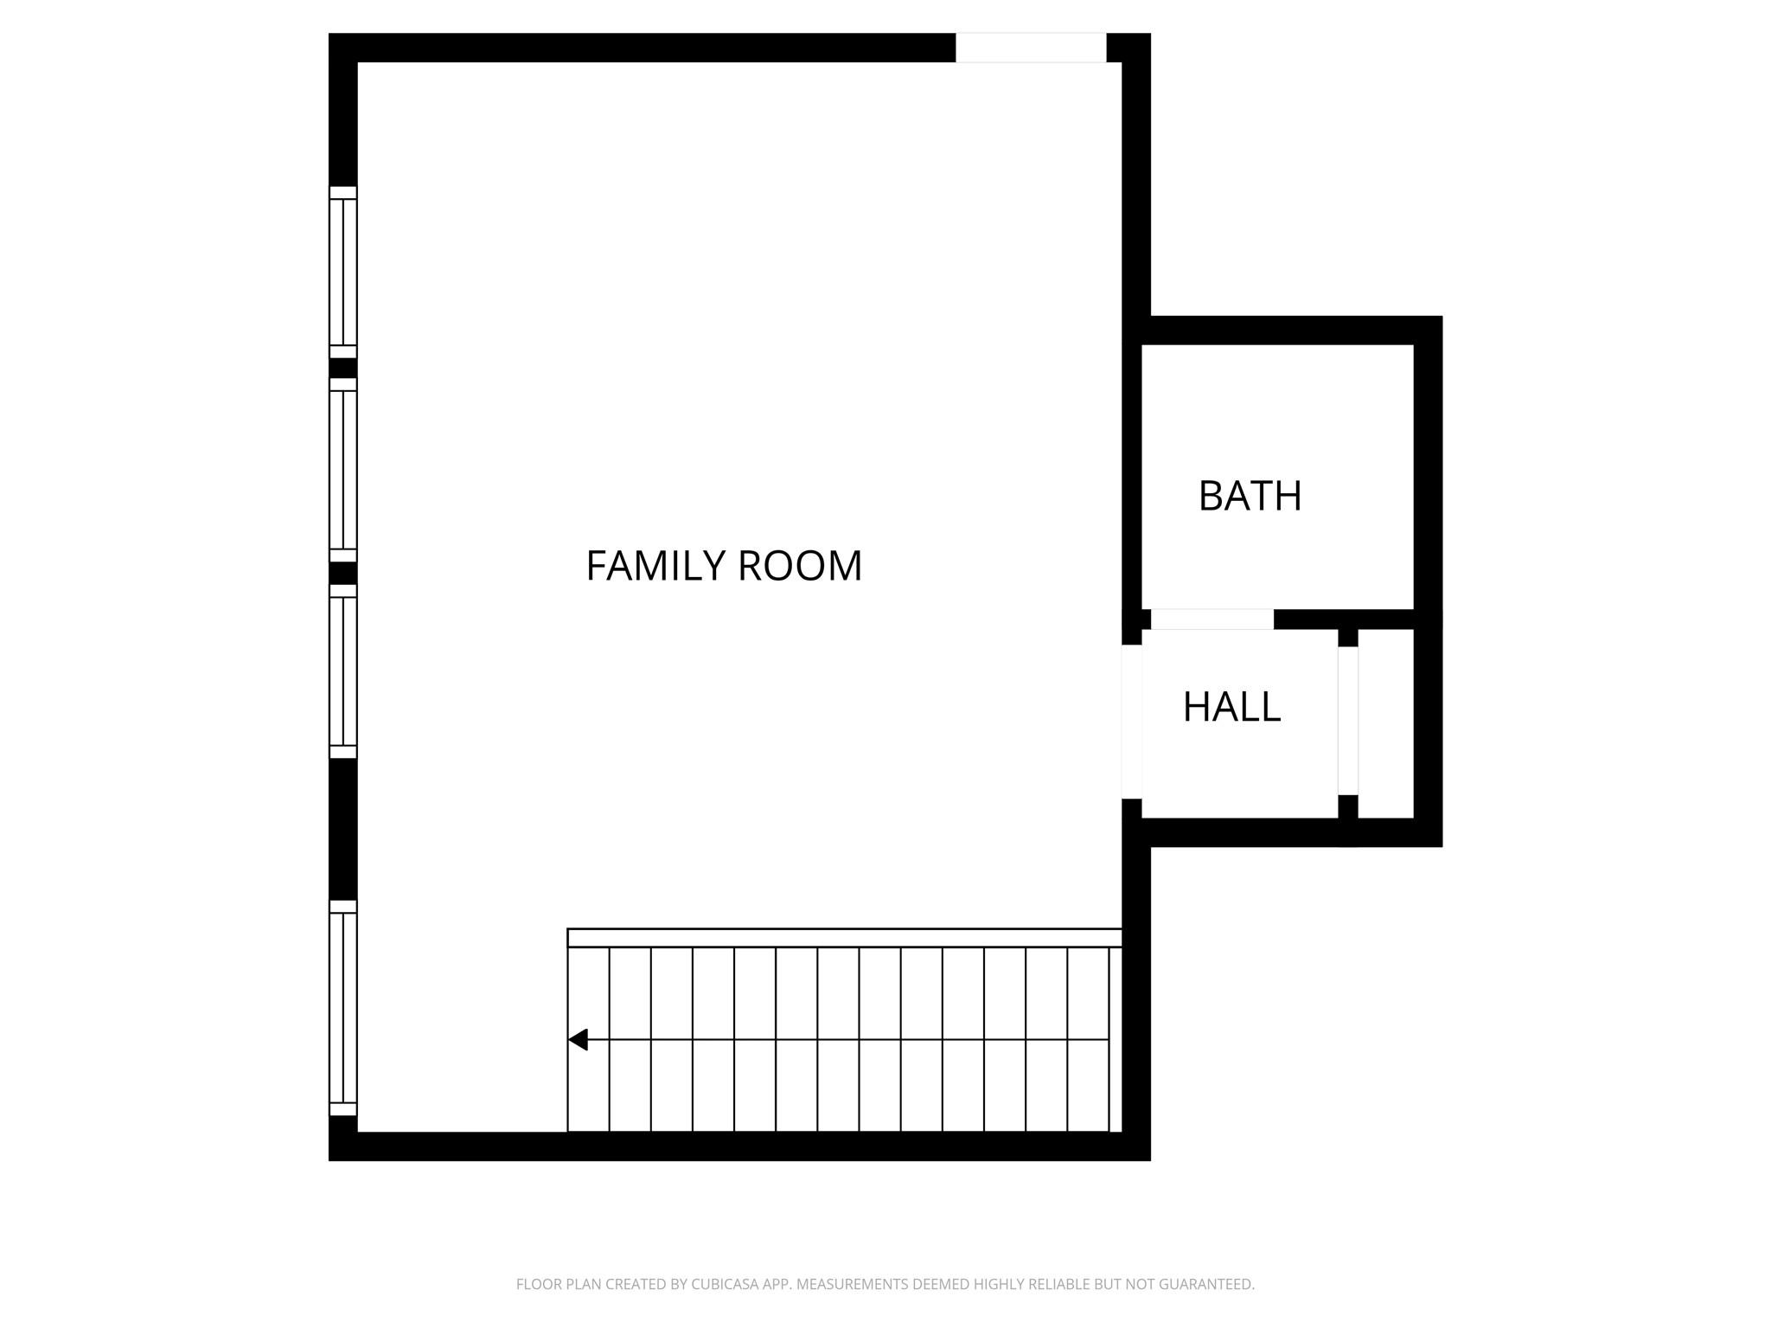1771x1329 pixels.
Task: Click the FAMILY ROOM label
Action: (724, 566)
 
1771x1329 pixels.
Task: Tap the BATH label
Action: (1250, 496)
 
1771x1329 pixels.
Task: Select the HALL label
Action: (1231, 707)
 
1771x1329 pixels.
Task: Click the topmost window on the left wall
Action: (343, 272)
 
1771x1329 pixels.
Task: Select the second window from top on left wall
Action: (343, 470)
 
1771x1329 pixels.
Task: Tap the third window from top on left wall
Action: (343, 671)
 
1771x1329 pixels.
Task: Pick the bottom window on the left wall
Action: (343, 1008)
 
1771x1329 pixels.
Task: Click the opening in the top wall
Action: (1030, 48)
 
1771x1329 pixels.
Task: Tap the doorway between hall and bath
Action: (1212, 620)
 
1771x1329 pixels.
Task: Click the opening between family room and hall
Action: (1131, 722)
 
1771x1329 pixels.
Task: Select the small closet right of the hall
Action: (1385, 722)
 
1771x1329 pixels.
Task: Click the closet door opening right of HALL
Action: (1347, 720)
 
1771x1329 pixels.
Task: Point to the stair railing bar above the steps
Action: (844, 937)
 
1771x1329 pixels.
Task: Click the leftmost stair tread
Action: (588, 1082)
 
